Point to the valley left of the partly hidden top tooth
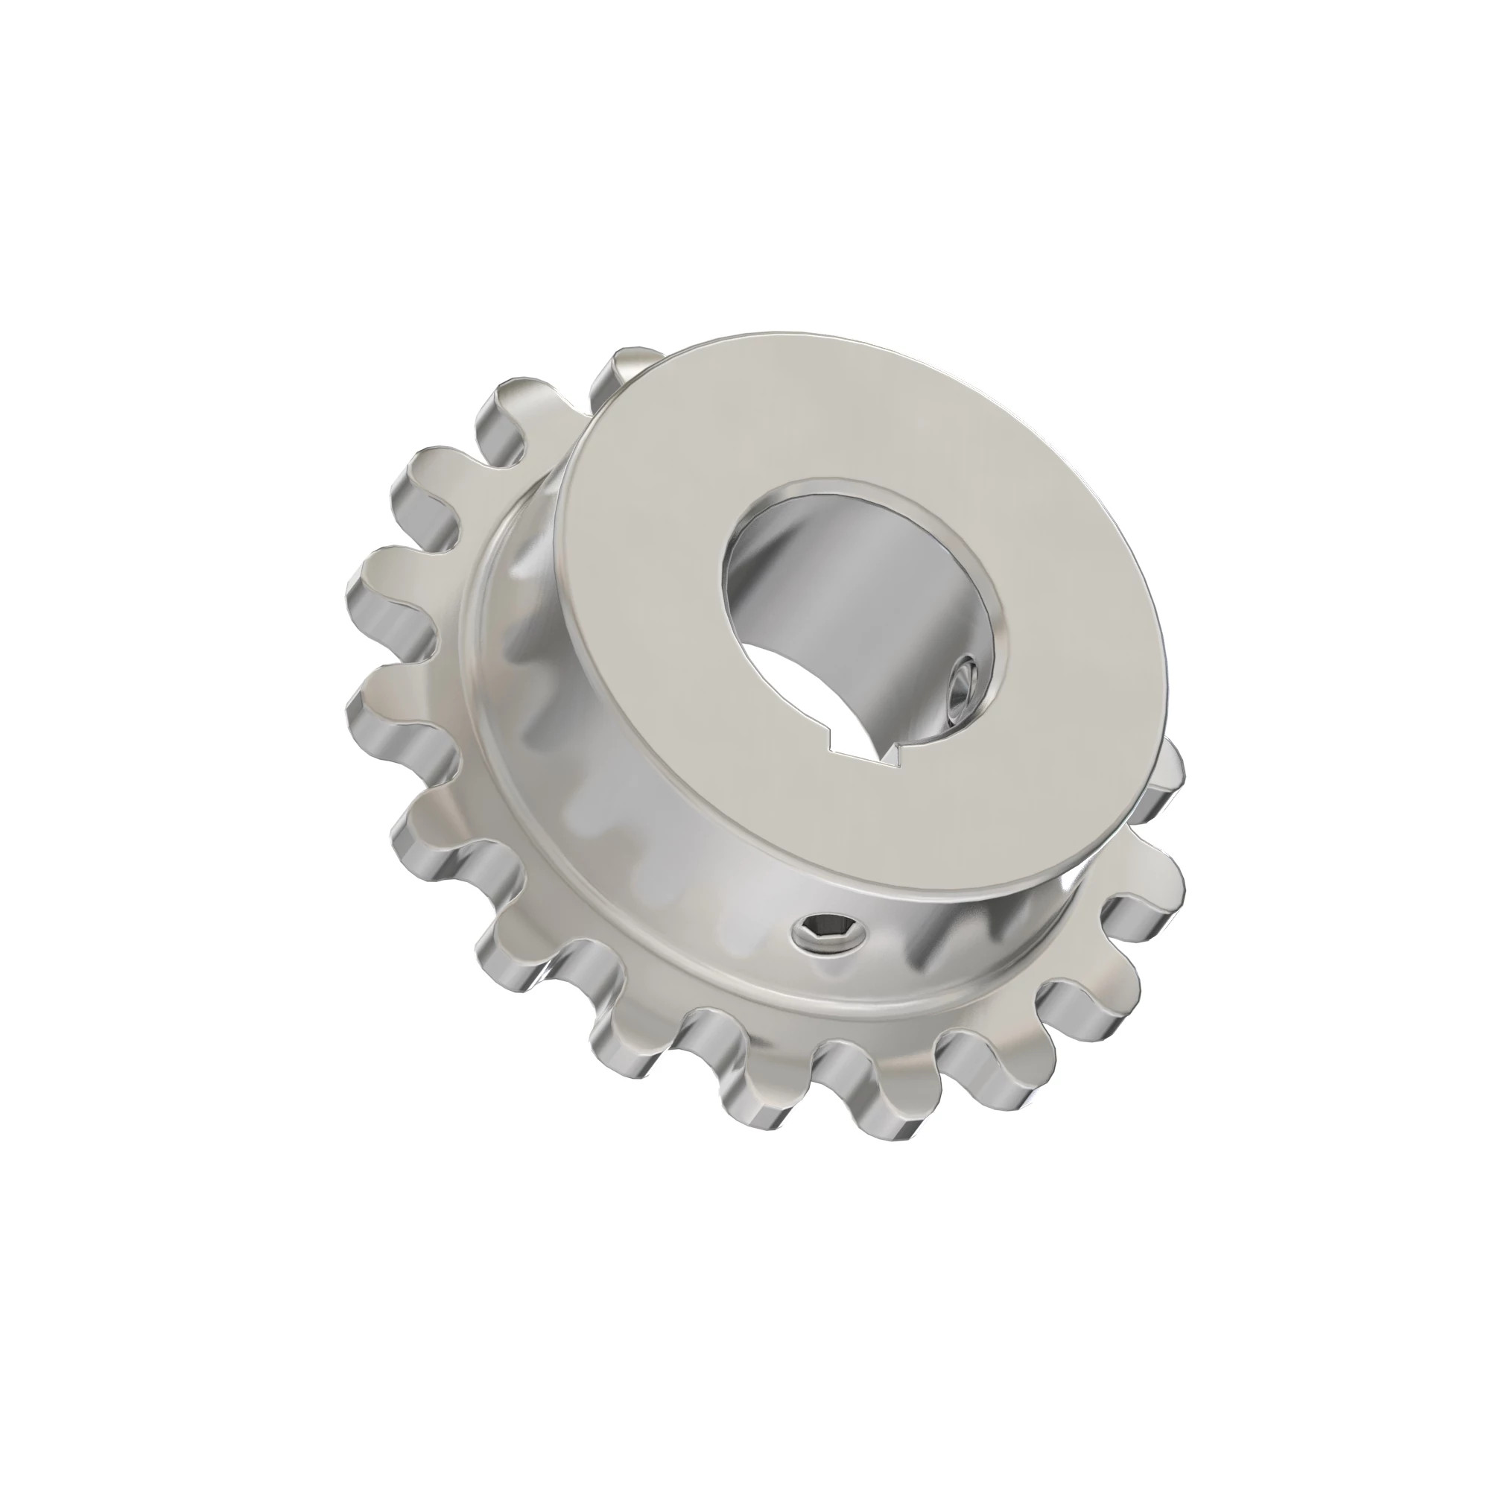[x=563, y=432]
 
